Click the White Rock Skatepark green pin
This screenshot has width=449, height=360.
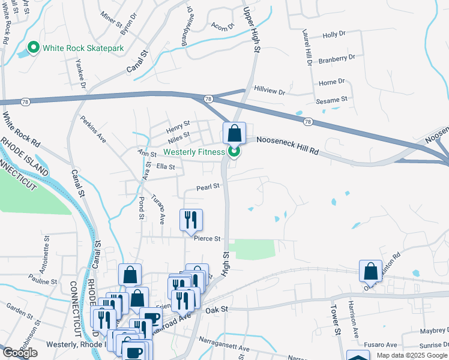click(x=33, y=47)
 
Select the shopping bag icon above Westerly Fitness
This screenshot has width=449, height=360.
click(x=234, y=133)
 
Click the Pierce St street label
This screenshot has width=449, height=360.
click(x=208, y=238)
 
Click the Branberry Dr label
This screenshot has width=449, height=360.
click(x=337, y=58)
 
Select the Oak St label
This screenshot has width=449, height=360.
click(x=217, y=309)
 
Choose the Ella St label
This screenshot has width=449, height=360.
click(x=165, y=167)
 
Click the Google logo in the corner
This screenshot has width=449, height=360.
click(x=20, y=353)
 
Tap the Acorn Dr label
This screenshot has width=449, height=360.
click(x=222, y=26)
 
